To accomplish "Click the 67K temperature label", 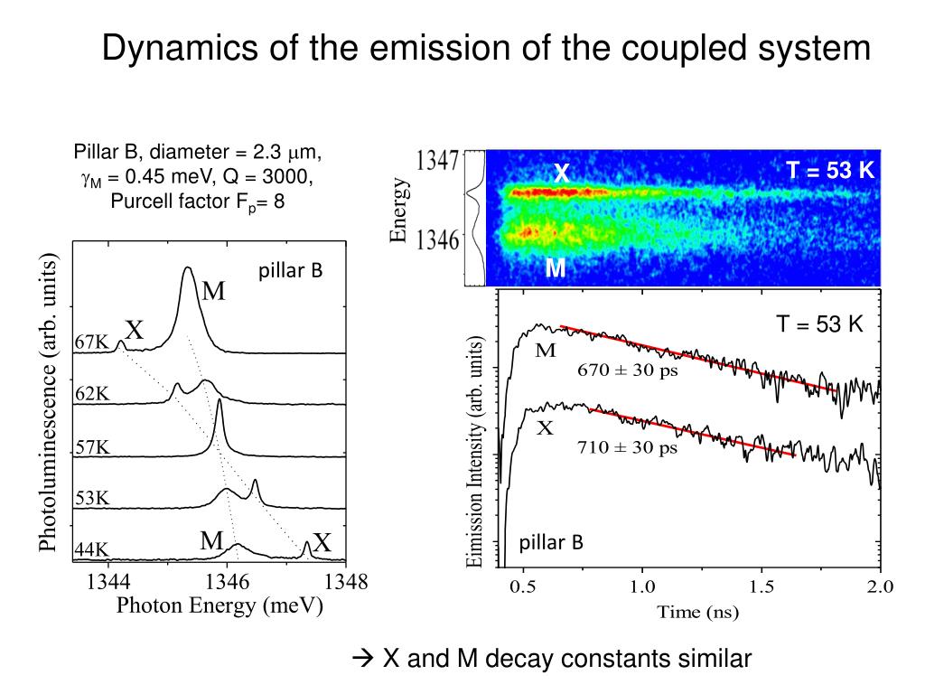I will click(x=91, y=342).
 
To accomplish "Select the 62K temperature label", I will click(x=91, y=394).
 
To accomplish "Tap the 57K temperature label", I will click(x=91, y=446).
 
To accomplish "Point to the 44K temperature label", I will click(x=91, y=549).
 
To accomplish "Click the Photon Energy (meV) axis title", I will click(x=220, y=606).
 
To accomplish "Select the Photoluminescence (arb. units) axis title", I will click(x=48, y=401).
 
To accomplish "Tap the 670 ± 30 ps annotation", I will click(x=628, y=370).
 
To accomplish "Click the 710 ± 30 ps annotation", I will click(x=628, y=448).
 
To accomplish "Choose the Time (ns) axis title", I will click(x=697, y=614).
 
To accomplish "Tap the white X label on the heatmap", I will click(x=561, y=173).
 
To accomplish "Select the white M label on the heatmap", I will click(x=556, y=268).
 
